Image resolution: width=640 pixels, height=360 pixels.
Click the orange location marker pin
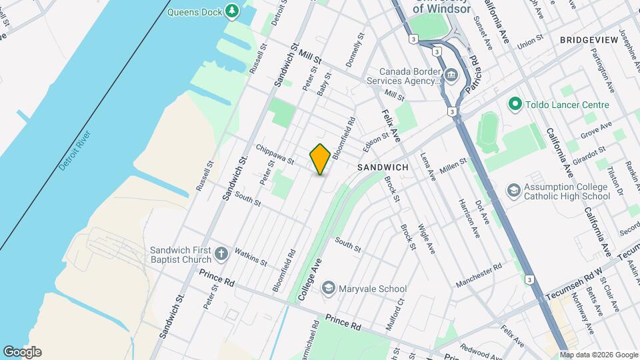tap(320, 159)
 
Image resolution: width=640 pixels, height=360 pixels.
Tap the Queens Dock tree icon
tap(232, 11)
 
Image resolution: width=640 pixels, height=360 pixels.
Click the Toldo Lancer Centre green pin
tap(514, 105)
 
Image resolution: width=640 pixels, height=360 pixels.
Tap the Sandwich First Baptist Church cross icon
tap(221, 254)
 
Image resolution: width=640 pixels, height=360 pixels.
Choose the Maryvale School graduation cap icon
tap(328, 288)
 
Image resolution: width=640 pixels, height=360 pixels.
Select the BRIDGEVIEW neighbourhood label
tap(589, 41)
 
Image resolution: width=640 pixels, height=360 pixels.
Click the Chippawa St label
tap(274, 153)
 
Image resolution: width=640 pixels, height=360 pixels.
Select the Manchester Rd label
tap(479, 275)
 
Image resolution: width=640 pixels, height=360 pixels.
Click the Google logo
tap(22, 352)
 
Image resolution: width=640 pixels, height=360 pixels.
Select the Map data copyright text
tap(598, 355)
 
